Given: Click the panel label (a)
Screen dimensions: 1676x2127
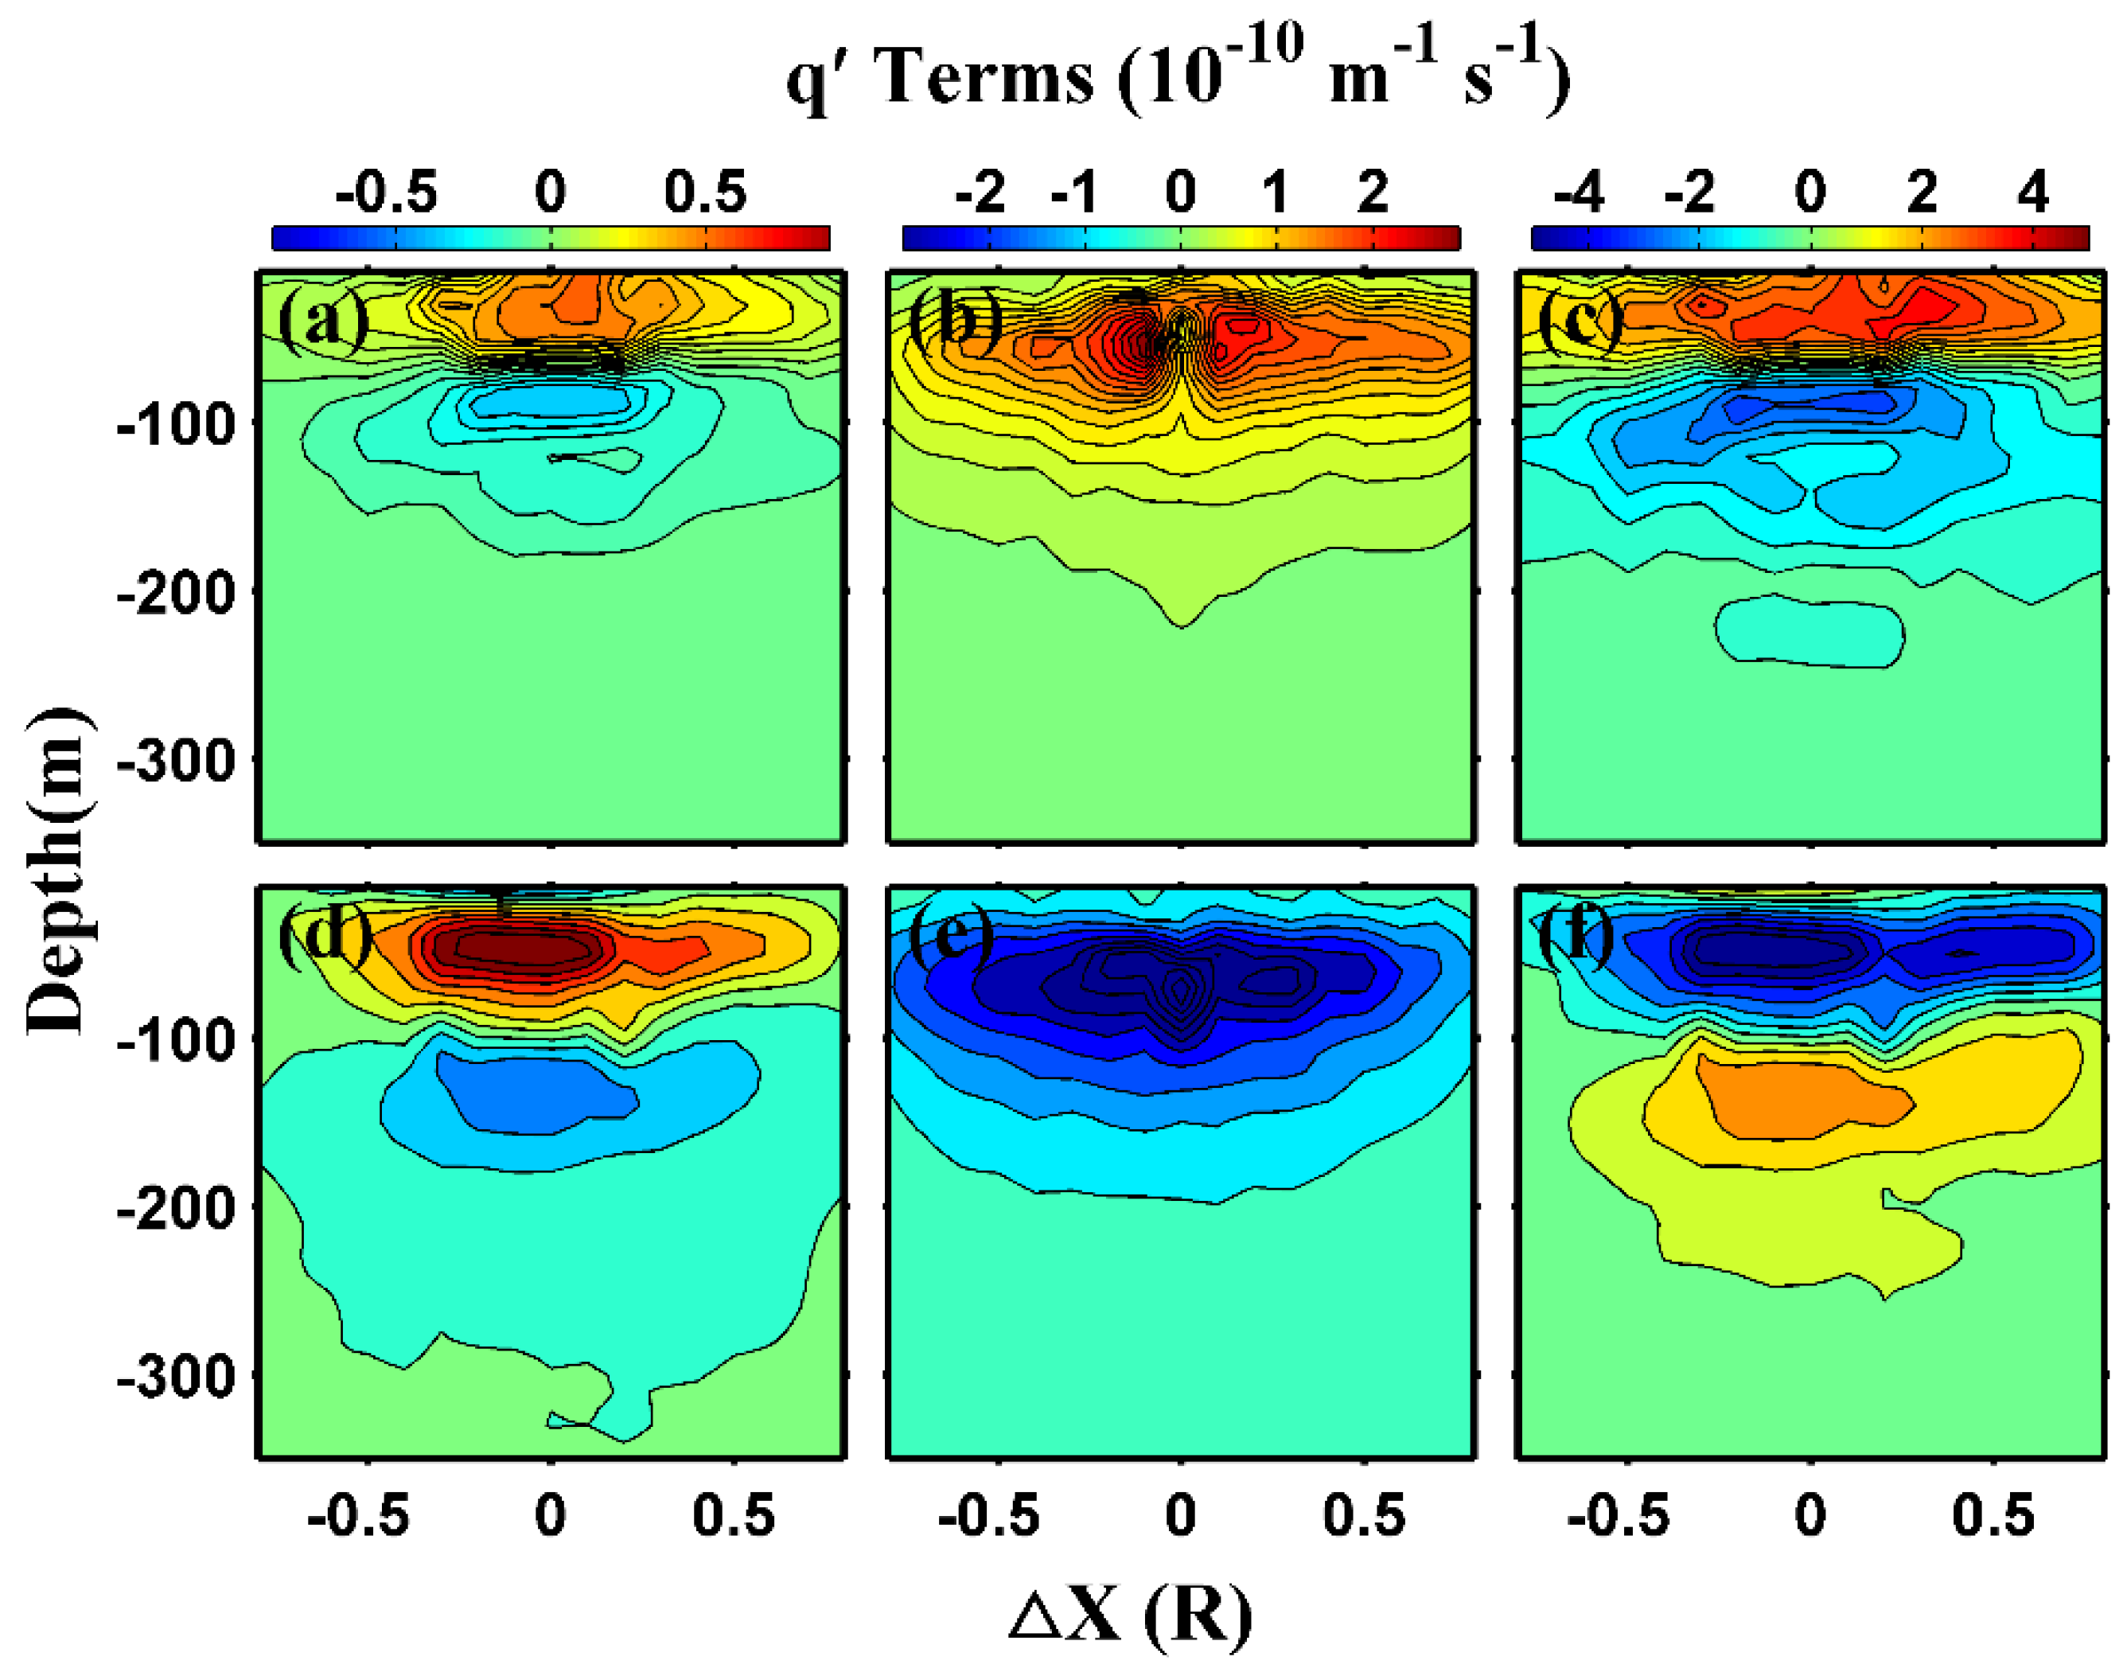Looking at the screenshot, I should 323,322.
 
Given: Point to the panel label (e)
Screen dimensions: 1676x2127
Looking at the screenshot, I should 951,934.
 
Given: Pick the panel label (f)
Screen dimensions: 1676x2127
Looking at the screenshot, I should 1576,934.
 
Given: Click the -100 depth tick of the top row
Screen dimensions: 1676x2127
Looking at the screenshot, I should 177,425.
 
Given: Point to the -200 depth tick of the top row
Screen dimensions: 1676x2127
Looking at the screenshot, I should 177,594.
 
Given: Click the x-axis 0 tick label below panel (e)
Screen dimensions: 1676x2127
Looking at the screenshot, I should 1180,1516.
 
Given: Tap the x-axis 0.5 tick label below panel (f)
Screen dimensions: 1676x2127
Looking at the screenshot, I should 1993,1516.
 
